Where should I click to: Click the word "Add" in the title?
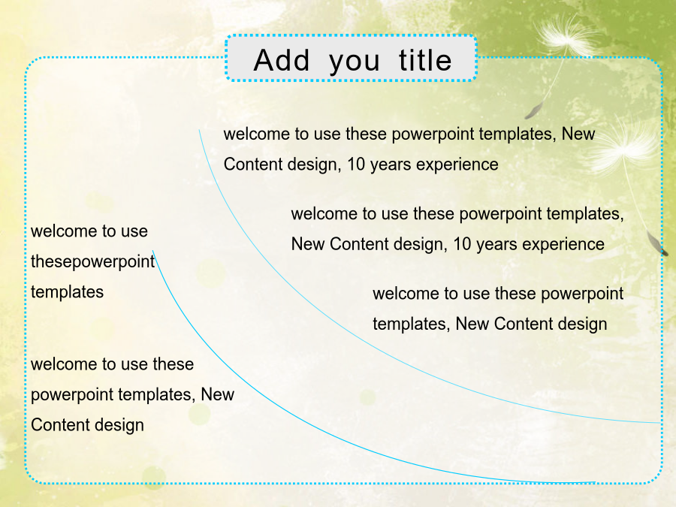(282, 60)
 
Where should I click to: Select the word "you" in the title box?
(355, 62)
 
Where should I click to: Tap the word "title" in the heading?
(425, 60)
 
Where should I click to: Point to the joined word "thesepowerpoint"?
(92, 262)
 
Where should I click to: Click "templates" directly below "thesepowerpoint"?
(68, 292)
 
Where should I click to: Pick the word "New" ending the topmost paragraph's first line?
(578, 134)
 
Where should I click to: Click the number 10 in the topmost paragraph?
(356, 164)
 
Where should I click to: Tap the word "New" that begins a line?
(308, 244)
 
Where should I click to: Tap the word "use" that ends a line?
(134, 231)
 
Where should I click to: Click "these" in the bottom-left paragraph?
(174, 364)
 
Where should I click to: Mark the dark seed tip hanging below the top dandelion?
(532, 111)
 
